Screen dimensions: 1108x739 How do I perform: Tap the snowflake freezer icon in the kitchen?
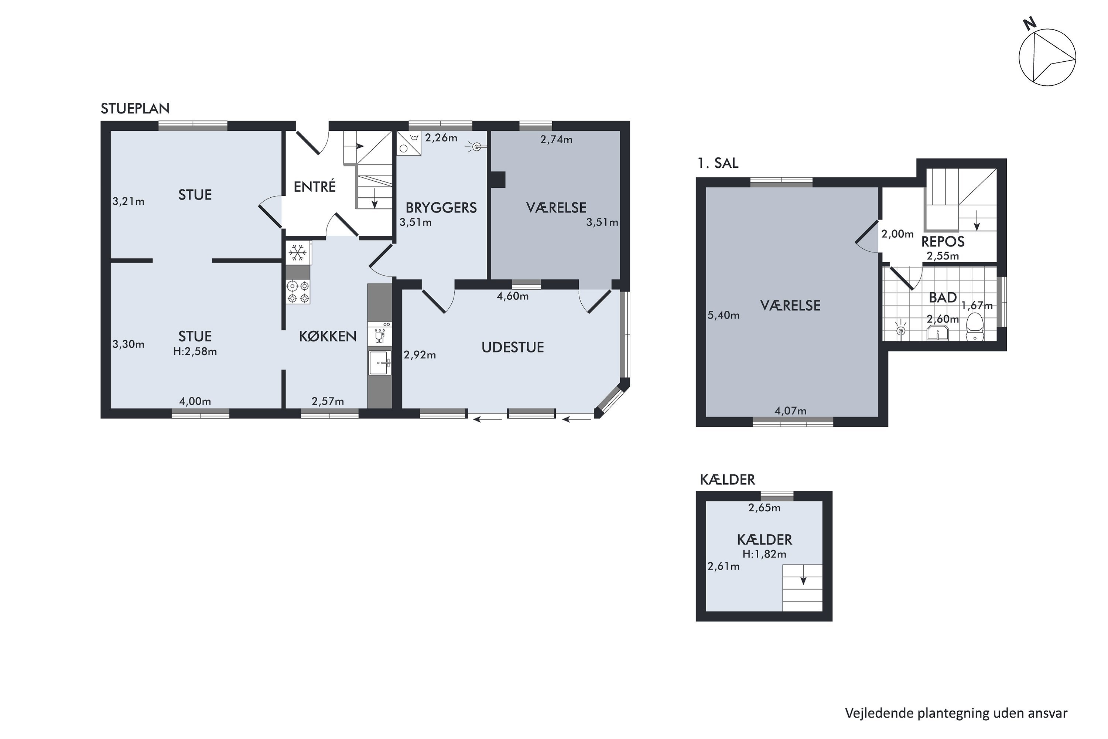tap(298, 253)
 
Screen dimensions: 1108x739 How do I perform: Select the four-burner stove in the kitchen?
tap(298, 291)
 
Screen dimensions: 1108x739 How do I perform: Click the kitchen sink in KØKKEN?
tap(380, 362)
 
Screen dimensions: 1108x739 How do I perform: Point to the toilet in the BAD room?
tap(974, 327)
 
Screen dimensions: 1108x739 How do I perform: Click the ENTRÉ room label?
tap(315, 187)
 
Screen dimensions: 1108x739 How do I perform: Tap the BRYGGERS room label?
tap(441, 207)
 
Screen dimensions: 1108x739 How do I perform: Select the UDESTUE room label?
tap(513, 347)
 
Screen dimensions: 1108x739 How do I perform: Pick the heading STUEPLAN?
tap(135, 108)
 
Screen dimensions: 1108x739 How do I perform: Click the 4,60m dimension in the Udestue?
tap(513, 296)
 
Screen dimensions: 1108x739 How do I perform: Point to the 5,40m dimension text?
tap(724, 315)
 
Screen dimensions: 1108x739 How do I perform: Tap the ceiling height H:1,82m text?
tap(764, 554)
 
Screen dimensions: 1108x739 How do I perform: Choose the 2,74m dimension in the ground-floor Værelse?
tap(556, 140)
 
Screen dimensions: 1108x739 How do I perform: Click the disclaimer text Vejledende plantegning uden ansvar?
tap(956, 714)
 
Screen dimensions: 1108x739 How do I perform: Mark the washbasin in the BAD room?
tap(937, 334)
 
